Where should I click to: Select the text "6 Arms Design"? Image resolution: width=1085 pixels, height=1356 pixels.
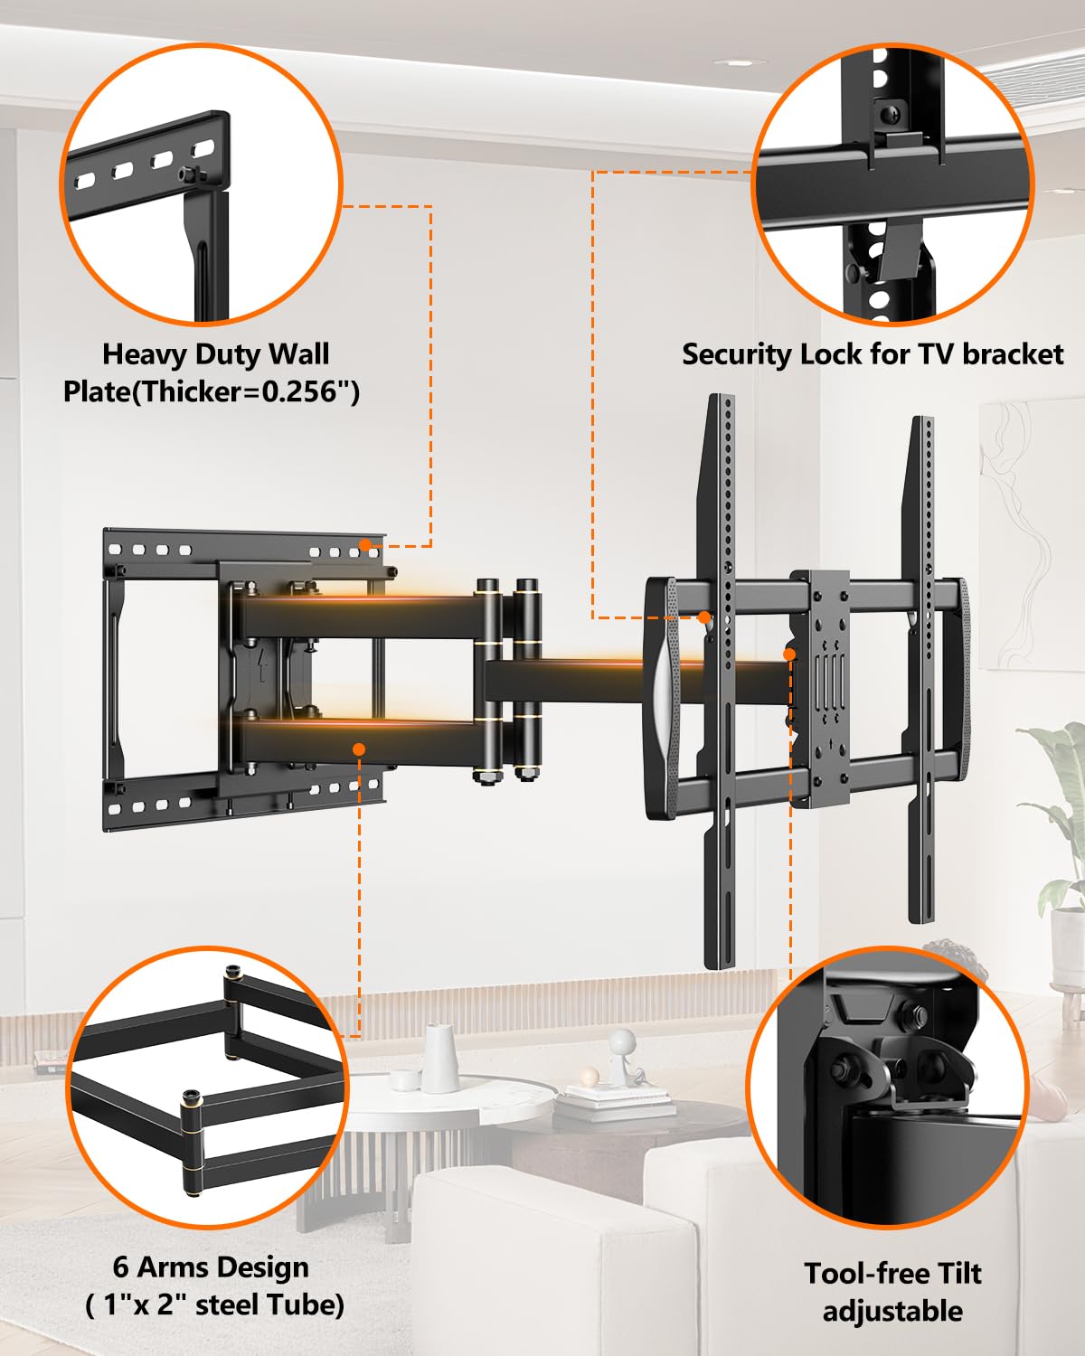211,1267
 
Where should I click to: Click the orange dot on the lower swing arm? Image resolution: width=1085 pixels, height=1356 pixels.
359,749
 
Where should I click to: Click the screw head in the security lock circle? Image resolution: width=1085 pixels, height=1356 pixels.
891,115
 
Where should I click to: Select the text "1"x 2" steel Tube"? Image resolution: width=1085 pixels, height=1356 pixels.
215,1305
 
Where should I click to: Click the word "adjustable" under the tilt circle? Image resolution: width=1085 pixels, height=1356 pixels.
892,1311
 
